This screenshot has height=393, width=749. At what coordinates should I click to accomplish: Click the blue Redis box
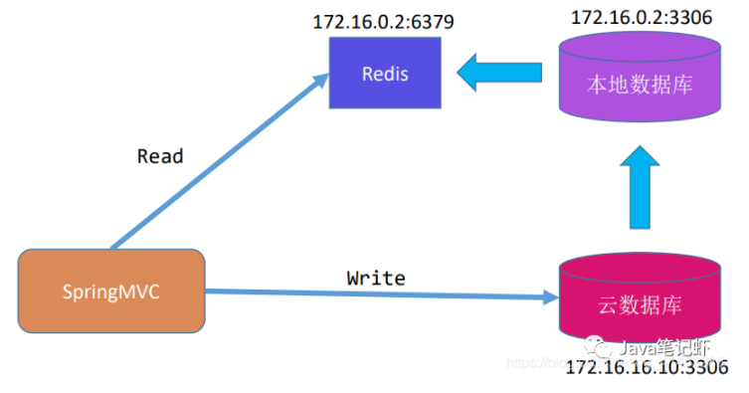(x=385, y=76)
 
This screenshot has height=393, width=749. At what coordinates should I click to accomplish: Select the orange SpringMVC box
(x=111, y=292)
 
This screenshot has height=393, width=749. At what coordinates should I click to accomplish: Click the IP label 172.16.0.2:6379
(x=384, y=21)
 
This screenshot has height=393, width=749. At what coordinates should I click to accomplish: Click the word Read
(x=160, y=156)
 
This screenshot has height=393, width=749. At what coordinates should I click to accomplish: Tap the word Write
(x=375, y=278)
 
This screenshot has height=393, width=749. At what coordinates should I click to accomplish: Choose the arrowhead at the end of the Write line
(x=549, y=297)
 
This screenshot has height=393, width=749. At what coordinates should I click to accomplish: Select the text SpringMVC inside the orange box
(x=111, y=293)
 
